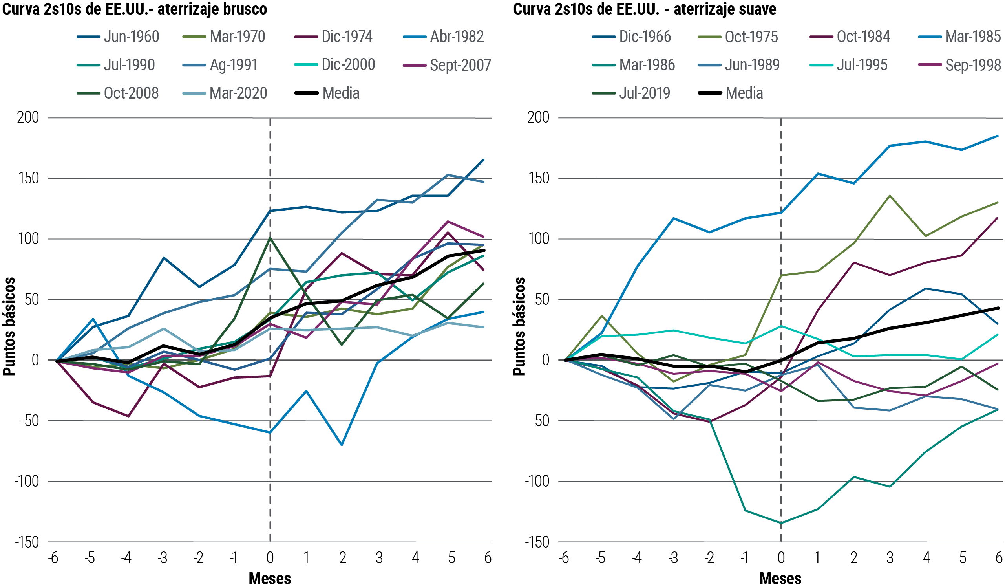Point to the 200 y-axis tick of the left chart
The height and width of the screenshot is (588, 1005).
coord(28,118)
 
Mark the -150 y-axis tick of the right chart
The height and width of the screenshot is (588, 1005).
coord(537,542)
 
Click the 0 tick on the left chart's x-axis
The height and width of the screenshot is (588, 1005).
coord(270,558)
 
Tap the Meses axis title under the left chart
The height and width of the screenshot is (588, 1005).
coord(270,579)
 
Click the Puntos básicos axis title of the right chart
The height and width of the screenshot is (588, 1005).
coord(519,326)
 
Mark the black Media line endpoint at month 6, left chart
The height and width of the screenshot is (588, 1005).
coord(484,251)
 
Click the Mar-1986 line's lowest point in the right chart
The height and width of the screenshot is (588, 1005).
coord(780,523)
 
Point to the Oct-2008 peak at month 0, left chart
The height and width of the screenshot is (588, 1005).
coord(270,238)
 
